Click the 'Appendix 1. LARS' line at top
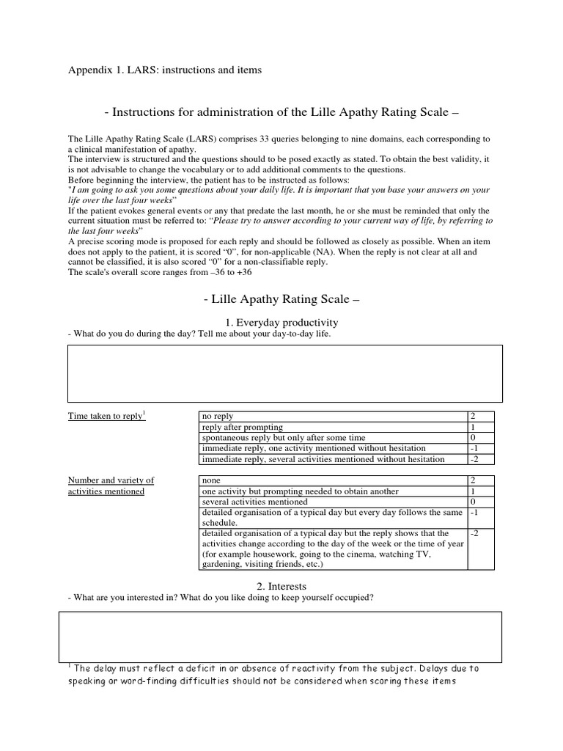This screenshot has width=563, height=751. coord(164,70)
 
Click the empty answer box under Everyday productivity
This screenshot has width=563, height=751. coord(285,373)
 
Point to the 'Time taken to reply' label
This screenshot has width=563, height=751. coord(106,417)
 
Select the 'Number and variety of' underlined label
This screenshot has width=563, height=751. coord(111,480)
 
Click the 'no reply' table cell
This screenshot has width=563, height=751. coord(333,417)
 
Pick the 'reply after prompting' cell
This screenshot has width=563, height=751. coord(333,427)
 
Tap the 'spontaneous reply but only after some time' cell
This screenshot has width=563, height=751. coord(333,438)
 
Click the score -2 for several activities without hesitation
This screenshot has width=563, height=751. coord(481,459)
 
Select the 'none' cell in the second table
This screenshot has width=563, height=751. coord(333,480)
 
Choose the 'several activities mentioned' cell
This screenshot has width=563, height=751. coord(333,502)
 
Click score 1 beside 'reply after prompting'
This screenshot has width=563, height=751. coord(481,427)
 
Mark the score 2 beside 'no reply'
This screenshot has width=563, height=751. coord(481,417)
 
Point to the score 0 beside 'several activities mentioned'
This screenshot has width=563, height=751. coord(481,502)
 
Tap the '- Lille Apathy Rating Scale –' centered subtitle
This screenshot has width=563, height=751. coord(281,300)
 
